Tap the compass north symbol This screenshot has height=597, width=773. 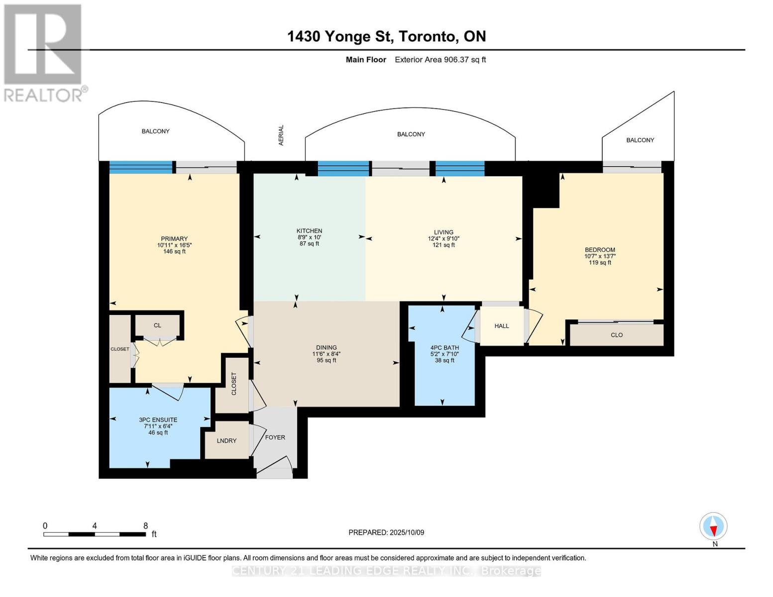(x=714, y=526)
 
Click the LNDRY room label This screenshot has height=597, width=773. (x=226, y=441)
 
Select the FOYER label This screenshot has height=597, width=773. (x=275, y=437)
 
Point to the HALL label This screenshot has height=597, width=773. (x=502, y=326)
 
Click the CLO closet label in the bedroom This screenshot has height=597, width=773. (x=617, y=335)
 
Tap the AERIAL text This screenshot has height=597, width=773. (x=281, y=135)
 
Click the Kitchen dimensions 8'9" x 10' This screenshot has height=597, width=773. (x=310, y=237)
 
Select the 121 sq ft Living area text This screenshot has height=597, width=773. (x=443, y=245)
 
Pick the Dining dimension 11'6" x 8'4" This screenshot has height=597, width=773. (x=327, y=354)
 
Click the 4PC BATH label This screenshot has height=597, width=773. (x=444, y=348)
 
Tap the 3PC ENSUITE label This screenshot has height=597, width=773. (x=158, y=420)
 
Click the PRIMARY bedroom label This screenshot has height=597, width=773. (x=174, y=239)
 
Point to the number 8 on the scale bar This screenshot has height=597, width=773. (x=145, y=525)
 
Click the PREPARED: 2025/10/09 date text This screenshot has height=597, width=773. (x=386, y=532)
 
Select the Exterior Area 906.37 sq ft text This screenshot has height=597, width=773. (x=441, y=60)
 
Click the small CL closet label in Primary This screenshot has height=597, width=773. (x=157, y=325)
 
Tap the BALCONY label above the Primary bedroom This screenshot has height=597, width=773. (x=155, y=131)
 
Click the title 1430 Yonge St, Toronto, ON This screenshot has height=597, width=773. (x=387, y=36)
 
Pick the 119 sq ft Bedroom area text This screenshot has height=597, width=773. (x=600, y=263)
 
